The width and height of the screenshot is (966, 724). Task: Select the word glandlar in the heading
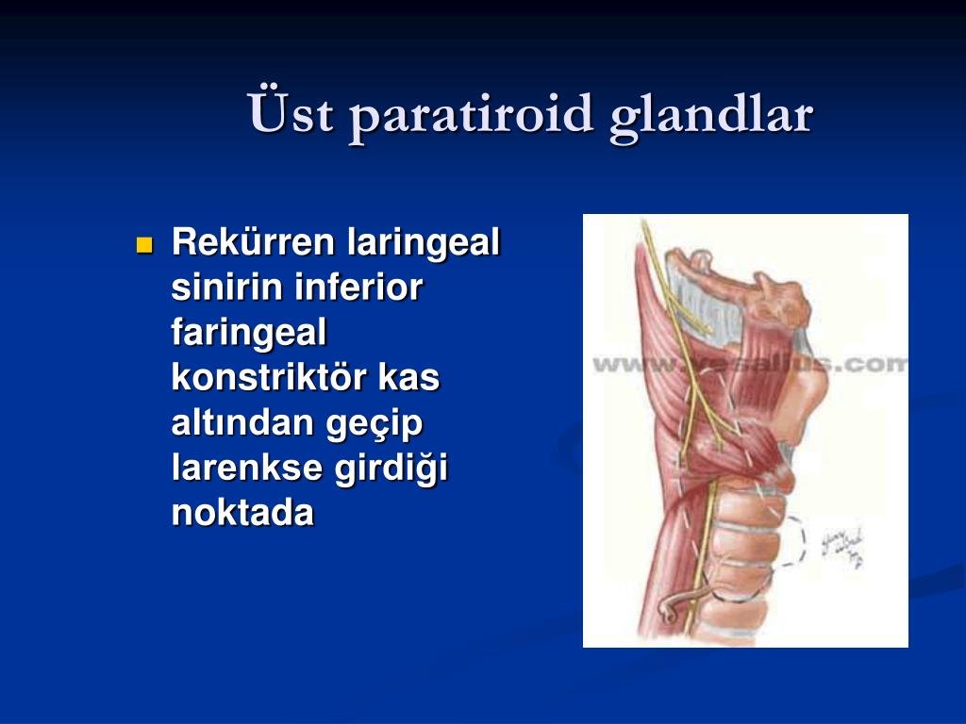pyautogui.click(x=710, y=114)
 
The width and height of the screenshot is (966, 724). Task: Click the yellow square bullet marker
pyautogui.click(x=144, y=245)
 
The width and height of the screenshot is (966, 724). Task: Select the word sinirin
pyautogui.click(x=227, y=288)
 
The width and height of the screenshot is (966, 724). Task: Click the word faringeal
pyautogui.click(x=249, y=333)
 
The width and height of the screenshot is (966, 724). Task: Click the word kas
pyautogui.click(x=408, y=377)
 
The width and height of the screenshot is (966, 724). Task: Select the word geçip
pyautogui.click(x=375, y=424)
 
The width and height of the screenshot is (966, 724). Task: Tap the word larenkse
pyautogui.click(x=247, y=468)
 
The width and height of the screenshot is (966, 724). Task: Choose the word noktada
pyautogui.click(x=242, y=513)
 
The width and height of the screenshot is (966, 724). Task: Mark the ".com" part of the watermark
pyautogui.click(x=873, y=364)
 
